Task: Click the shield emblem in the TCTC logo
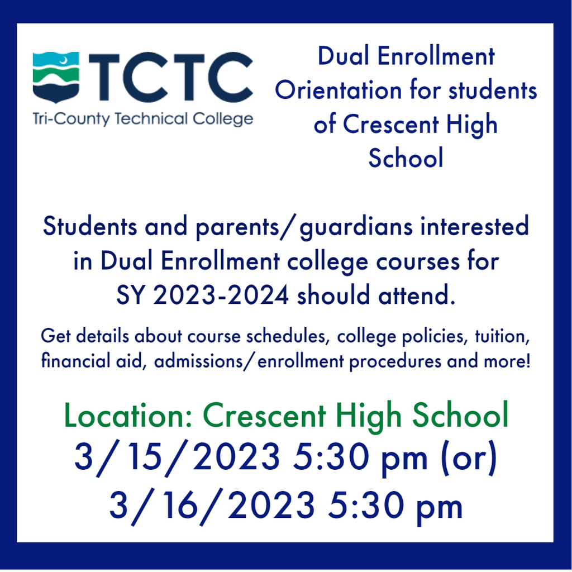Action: pyautogui.click(x=56, y=77)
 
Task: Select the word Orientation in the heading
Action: pyautogui.click(x=339, y=90)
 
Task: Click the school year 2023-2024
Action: pyautogui.click(x=221, y=295)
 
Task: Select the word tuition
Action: pyautogui.click(x=502, y=337)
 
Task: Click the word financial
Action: pyautogui.click(x=75, y=361)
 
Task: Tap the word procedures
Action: pyautogui.click(x=395, y=362)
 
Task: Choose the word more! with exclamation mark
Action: pyautogui.click(x=507, y=361)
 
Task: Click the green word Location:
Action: pyautogui.click(x=128, y=416)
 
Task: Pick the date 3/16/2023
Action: pyautogui.click(x=212, y=506)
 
